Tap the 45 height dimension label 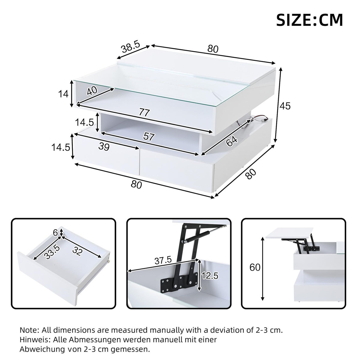coord(285,106)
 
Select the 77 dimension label coord(144,113)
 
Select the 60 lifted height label coord(255,267)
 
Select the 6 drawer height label coord(55,233)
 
